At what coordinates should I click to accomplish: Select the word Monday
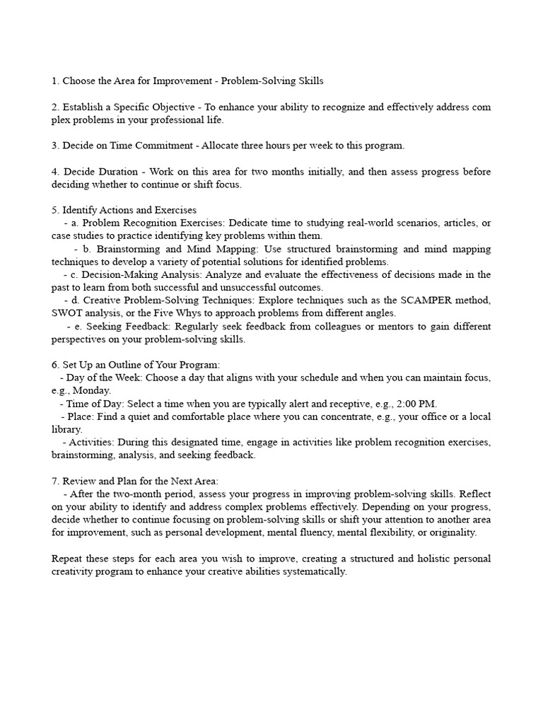[95, 390]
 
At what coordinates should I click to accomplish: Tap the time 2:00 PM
[416, 404]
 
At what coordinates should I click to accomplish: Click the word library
[66, 429]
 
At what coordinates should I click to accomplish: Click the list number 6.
[55, 365]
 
